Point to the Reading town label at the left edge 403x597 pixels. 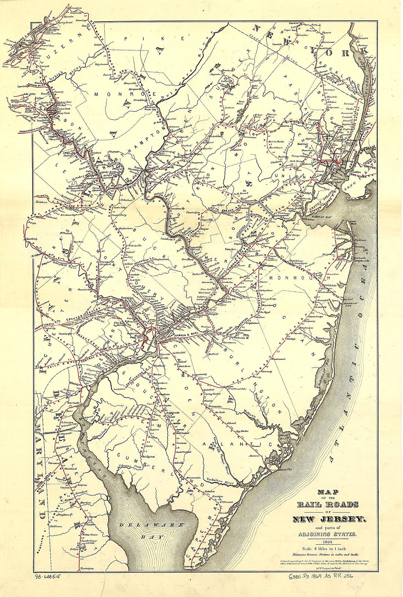(32, 239)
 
